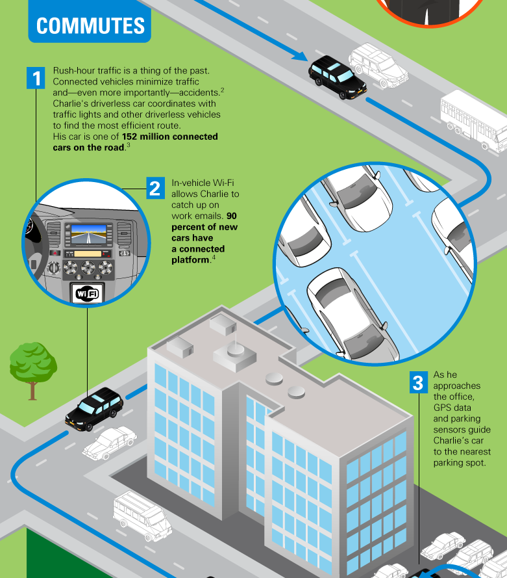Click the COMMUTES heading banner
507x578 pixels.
90,25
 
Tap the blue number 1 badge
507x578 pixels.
36,79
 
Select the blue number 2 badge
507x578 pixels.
155,189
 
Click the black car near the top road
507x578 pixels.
337,75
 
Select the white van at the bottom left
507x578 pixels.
142,515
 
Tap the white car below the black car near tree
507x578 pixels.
109,442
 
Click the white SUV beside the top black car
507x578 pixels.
378,64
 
